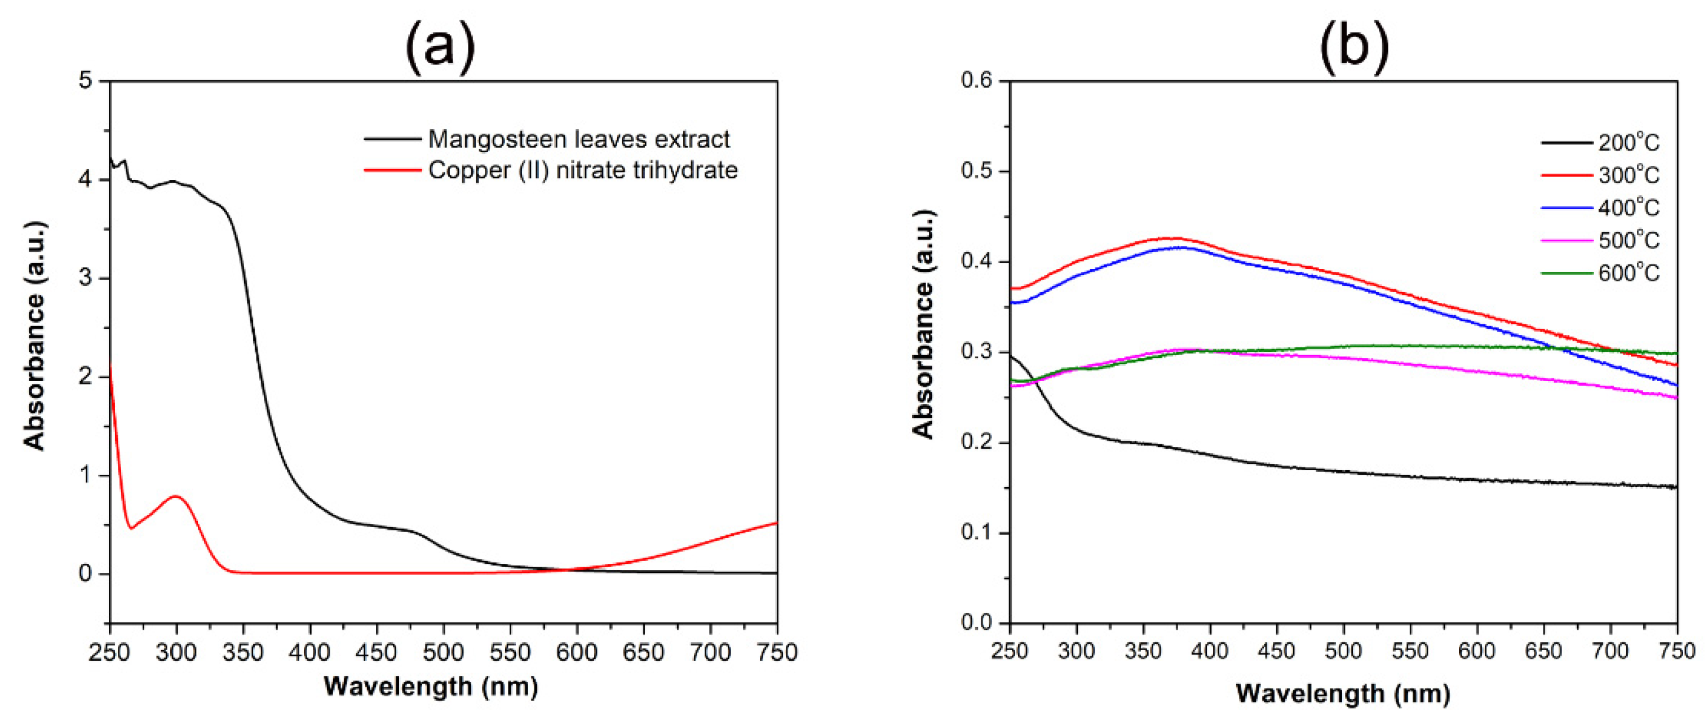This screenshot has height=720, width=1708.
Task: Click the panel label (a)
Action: (x=440, y=48)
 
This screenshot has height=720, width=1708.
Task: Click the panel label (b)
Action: (x=1354, y=48)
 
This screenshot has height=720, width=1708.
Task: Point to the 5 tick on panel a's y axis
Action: (x=86, y=81)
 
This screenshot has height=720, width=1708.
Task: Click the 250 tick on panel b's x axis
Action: (x=1010, y=651)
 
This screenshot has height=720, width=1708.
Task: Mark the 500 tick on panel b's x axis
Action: (x=1343, y=651)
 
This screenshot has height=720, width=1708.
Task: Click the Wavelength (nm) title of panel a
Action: (x=431, y=686)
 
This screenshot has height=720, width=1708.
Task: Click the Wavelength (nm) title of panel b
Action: (x=1343, y=694)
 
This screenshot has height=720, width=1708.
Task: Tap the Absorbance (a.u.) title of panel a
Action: (x=34, y=335)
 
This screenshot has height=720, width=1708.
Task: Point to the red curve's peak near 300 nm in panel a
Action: (x=176, y=496)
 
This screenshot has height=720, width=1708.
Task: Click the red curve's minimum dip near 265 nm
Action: (x=131, y=528)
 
